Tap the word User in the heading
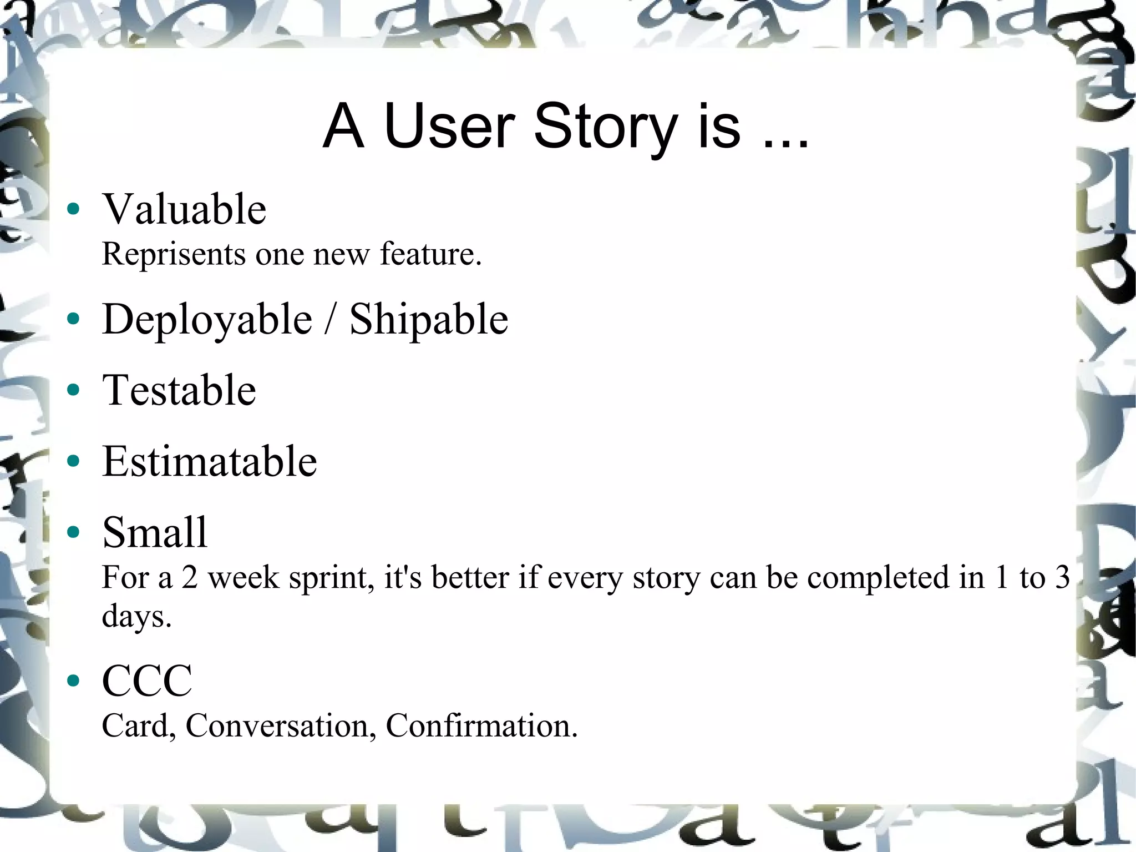pyautogui.click(x=449, y=128)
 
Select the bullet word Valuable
pyautogui.click(x=184, y=209)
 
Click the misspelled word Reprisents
pyautogui.click(x=174, y=255)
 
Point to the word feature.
pyautogui.click(x=430, y=254)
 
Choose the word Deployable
pyautogui.click(x=207, y=320)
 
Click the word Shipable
pyautogui.click(x=428, y=320)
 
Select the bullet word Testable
pyautogui.click(x=179, y=391)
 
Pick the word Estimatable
pyautogui.click(x=209, y=462)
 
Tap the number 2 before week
pyautogui.click(x=190, y=577)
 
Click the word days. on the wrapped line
pyautogui.click(x=136, y=617)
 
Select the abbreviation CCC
pyautogui.click(x=147, y=681)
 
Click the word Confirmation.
pyautogui.click(x=481, y=726)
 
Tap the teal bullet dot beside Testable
pyautogui.click(x=73, y=390)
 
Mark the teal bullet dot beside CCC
pyautogui.click(x=73, y=680)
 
